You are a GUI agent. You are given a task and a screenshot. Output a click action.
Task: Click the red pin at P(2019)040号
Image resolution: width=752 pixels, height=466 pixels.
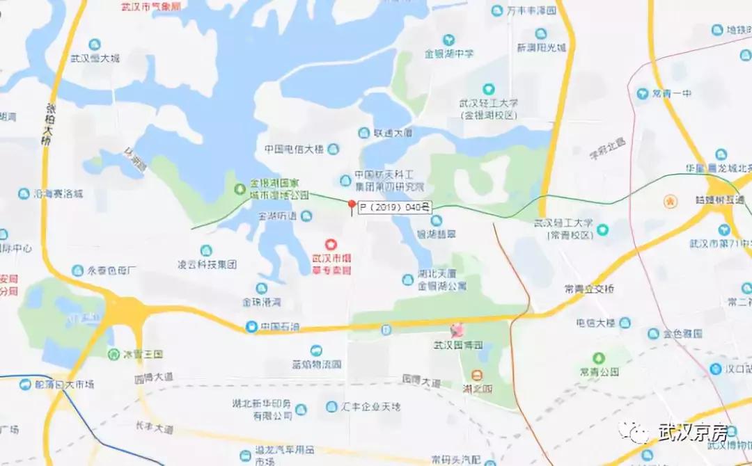tap(352, 204)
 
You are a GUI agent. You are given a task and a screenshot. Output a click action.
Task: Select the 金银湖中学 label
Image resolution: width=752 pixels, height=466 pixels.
tap(449, 53)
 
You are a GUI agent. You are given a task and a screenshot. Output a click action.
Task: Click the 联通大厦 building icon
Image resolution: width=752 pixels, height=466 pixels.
tap(363, 133)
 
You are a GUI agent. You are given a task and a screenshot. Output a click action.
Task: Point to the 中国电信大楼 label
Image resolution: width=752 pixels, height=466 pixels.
tap(294, 149)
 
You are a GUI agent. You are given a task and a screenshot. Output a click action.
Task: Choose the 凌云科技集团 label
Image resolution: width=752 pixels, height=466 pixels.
tap(207, 264)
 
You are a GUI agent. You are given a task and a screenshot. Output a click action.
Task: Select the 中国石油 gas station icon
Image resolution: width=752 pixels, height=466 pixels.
tap(251, 326)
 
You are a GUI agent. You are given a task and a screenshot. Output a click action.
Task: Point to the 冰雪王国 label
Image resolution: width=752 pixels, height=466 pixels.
tap(143, 354)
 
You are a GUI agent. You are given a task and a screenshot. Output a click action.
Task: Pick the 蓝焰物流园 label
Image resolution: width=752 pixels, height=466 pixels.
tap(316, 364)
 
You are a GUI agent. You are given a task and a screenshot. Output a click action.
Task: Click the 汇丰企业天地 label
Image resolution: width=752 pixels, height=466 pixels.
tap(373, 406)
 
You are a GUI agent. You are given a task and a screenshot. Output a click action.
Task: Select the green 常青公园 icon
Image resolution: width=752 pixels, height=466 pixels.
tap(599, 358)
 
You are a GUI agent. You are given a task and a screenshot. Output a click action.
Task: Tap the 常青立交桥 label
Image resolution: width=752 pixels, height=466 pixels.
tap(589, 289)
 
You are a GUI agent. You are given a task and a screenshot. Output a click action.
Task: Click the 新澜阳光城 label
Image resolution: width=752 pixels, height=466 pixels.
tap(541, 48)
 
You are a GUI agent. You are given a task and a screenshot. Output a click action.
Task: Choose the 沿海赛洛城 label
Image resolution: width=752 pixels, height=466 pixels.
tap(59, 193)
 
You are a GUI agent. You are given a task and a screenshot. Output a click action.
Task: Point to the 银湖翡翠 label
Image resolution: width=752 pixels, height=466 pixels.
tap(436, 234)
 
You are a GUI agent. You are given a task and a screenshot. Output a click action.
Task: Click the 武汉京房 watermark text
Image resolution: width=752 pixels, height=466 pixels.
tap(693, 432)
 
